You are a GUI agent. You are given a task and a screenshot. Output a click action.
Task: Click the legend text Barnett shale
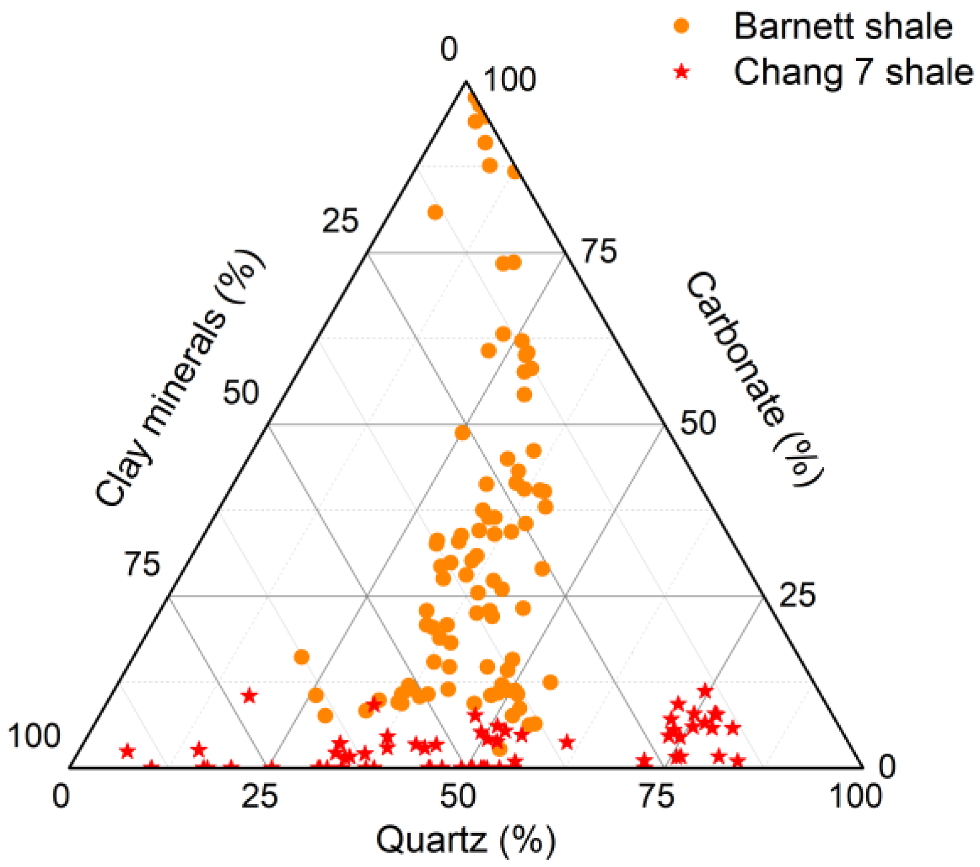(842, 26)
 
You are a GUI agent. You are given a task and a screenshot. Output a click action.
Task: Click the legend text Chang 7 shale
(853, 72)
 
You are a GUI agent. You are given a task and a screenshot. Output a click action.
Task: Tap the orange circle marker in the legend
(681, 26)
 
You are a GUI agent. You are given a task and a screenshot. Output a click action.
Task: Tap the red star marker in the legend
(681, 72)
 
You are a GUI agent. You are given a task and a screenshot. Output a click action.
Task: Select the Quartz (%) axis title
(465, 840)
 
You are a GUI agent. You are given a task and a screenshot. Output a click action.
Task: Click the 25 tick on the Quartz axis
(259, 796)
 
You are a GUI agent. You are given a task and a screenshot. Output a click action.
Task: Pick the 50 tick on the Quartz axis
(458, 796)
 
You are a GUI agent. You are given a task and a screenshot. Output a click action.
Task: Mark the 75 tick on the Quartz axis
(657, 796)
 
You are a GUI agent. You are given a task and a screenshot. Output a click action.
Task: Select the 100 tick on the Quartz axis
(855, 796)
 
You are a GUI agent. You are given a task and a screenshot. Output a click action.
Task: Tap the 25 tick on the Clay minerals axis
(340, 221)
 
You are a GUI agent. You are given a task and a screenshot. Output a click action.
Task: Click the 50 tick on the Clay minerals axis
(241, 392)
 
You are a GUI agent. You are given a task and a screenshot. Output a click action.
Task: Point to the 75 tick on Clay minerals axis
(142, 564)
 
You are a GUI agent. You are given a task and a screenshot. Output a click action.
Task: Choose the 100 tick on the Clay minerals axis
(34, 736)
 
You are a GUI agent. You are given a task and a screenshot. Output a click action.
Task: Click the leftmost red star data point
(128, 751)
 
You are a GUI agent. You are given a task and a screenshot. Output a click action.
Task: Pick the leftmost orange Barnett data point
(302, 657)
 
